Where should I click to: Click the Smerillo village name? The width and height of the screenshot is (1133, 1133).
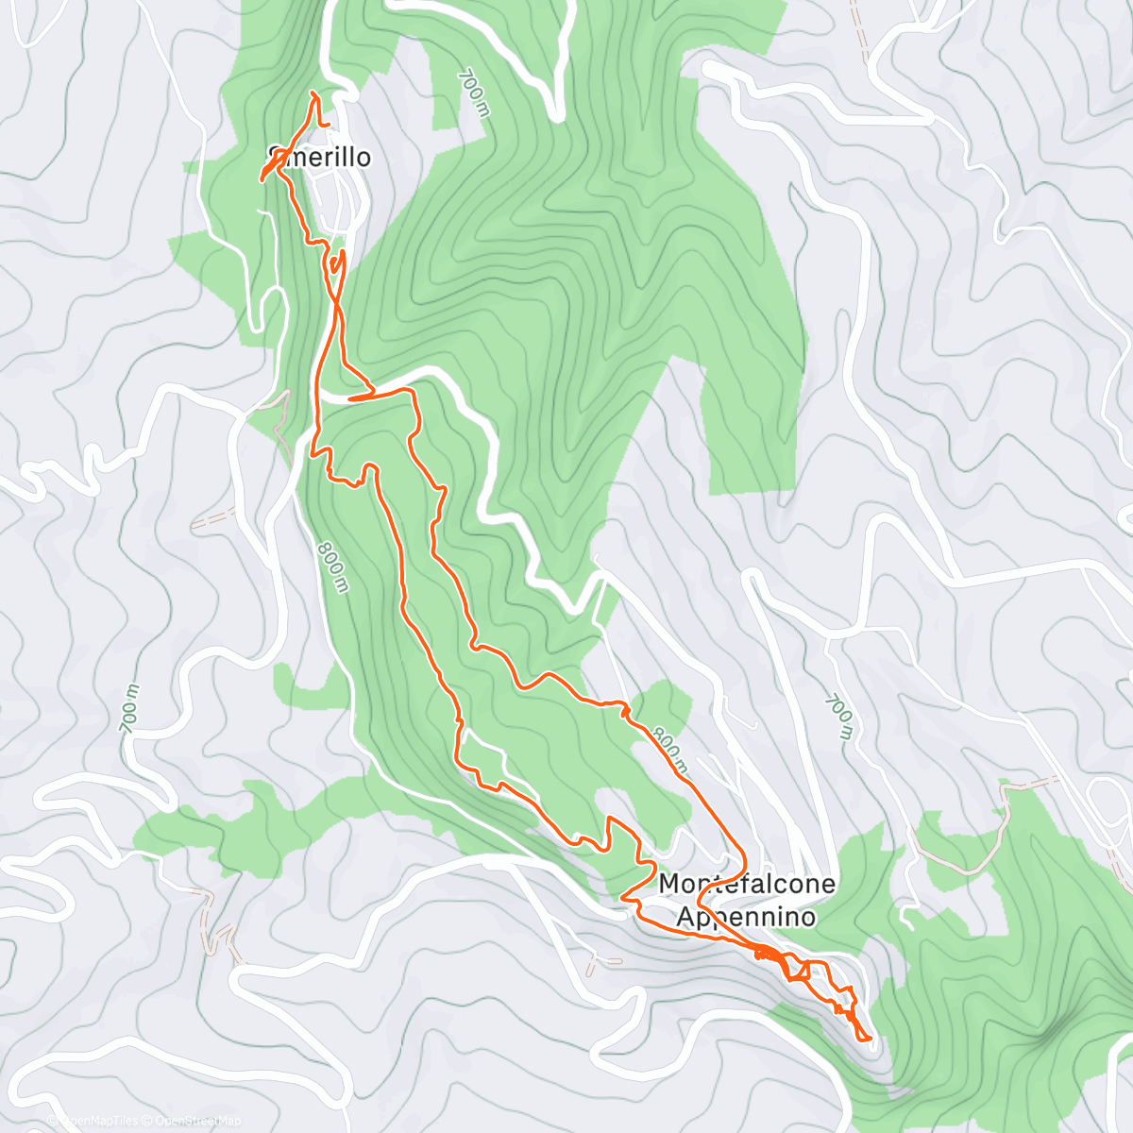(x=320, y=157)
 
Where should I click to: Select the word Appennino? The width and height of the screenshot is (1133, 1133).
(x=746, y=917)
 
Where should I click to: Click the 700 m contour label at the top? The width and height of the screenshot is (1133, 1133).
(x=475, y=92)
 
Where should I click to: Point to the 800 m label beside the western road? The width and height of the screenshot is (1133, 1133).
(x=332, y=566)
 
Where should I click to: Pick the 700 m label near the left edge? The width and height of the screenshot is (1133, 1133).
(x=129, y=707)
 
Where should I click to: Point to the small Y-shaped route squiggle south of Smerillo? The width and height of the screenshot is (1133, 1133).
(x=337, y=262)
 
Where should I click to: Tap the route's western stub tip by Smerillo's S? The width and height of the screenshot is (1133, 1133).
(x=262, y=178)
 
